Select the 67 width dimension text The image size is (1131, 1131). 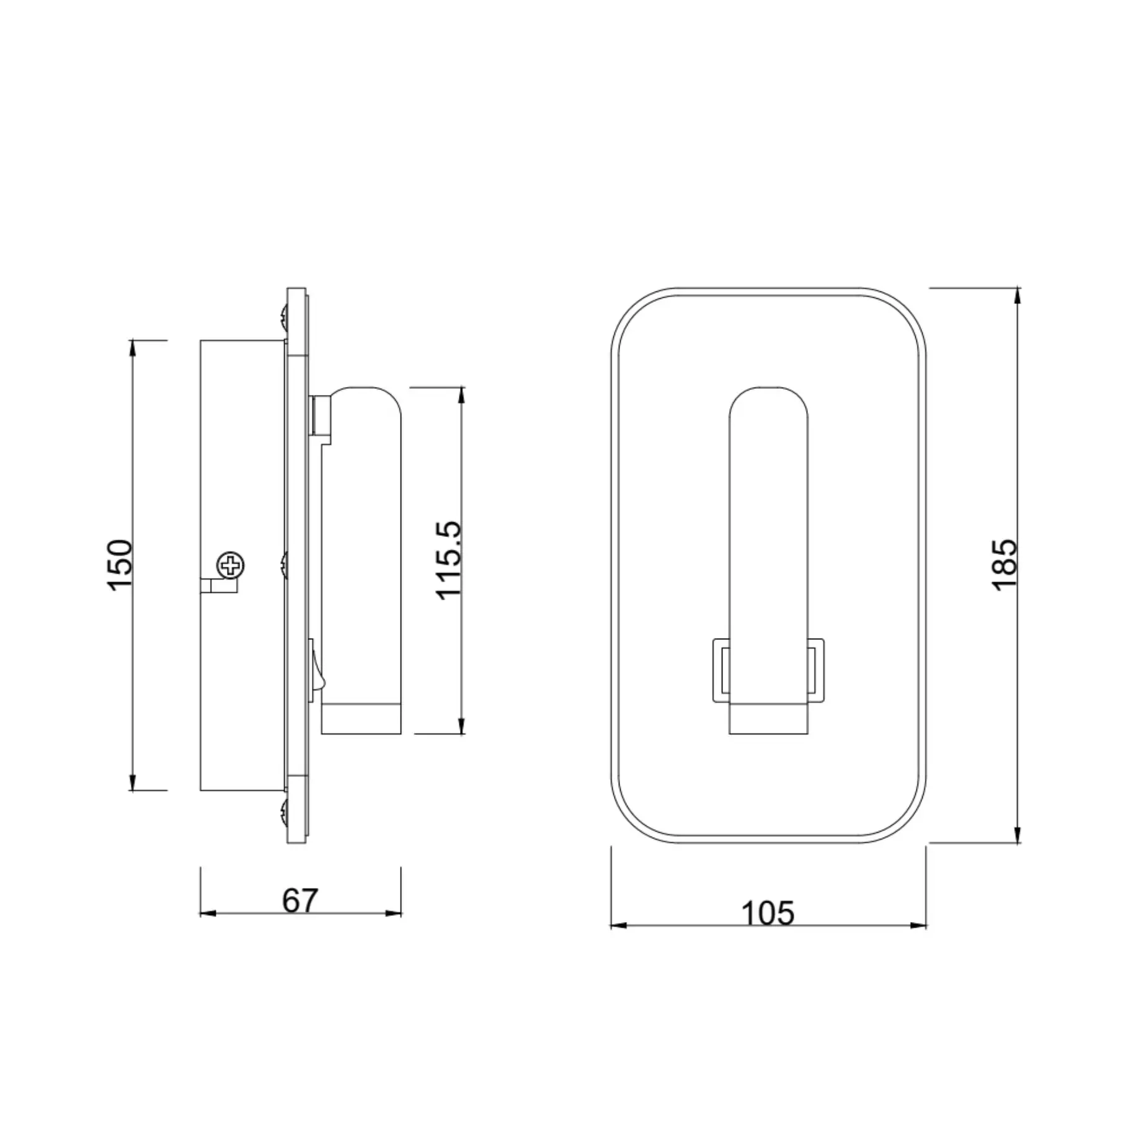tap(300, 900)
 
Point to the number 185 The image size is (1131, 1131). tap(1005, 565)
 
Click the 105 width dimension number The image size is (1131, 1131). tap(768, 913)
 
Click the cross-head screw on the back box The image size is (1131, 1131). tap(231, 565)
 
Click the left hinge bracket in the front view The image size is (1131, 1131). tap(722, 670)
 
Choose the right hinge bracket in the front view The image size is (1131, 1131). tap(816, 670)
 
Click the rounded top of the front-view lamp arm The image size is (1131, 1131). tap(769, 403)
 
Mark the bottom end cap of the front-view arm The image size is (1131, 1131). tap(769, 719)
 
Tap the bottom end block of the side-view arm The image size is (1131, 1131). tap(361, 719)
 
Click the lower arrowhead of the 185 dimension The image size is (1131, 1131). tap(1017, 835)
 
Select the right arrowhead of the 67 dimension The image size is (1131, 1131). tap(394, 913)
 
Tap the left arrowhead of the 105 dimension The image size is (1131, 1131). tap(618, 925)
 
